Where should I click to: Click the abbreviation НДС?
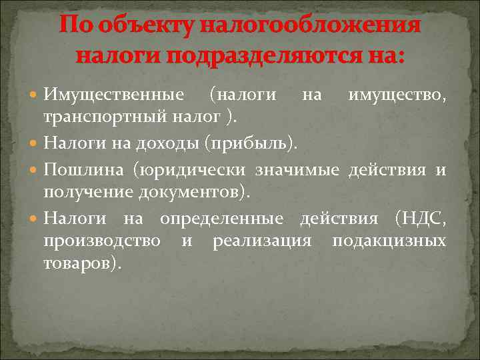[x=423, y=218]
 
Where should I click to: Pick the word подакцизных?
[x=389, y=241]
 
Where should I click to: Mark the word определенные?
[x=221, y=218]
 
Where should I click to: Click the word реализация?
[x=262, y=241]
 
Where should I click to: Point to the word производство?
[x=101, y=241]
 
